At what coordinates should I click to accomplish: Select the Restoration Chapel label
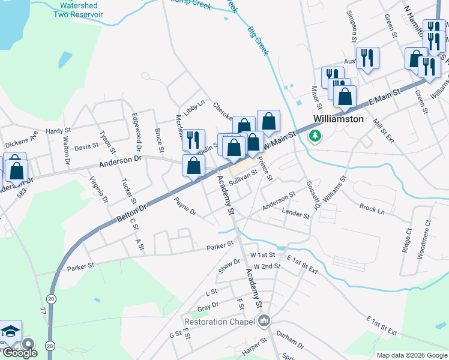pyautogui.click(x=221, y=322)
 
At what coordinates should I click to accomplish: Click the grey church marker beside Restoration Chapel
pyautogui.click(x=265, y=322)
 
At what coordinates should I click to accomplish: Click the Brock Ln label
pyautogui.click(x=372, y=208)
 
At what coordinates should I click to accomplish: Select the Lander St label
pyautogui.click(x=295, y=213)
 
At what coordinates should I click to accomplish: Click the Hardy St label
pyautogui.click(x=58, y=130)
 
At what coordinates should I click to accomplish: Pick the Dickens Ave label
pyautogui.click(x=21, y=139)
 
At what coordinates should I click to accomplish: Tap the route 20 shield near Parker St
pyautogui.click(x=50, y=298)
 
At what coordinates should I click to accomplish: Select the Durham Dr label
pyautogui.click(x=289, y=340)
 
